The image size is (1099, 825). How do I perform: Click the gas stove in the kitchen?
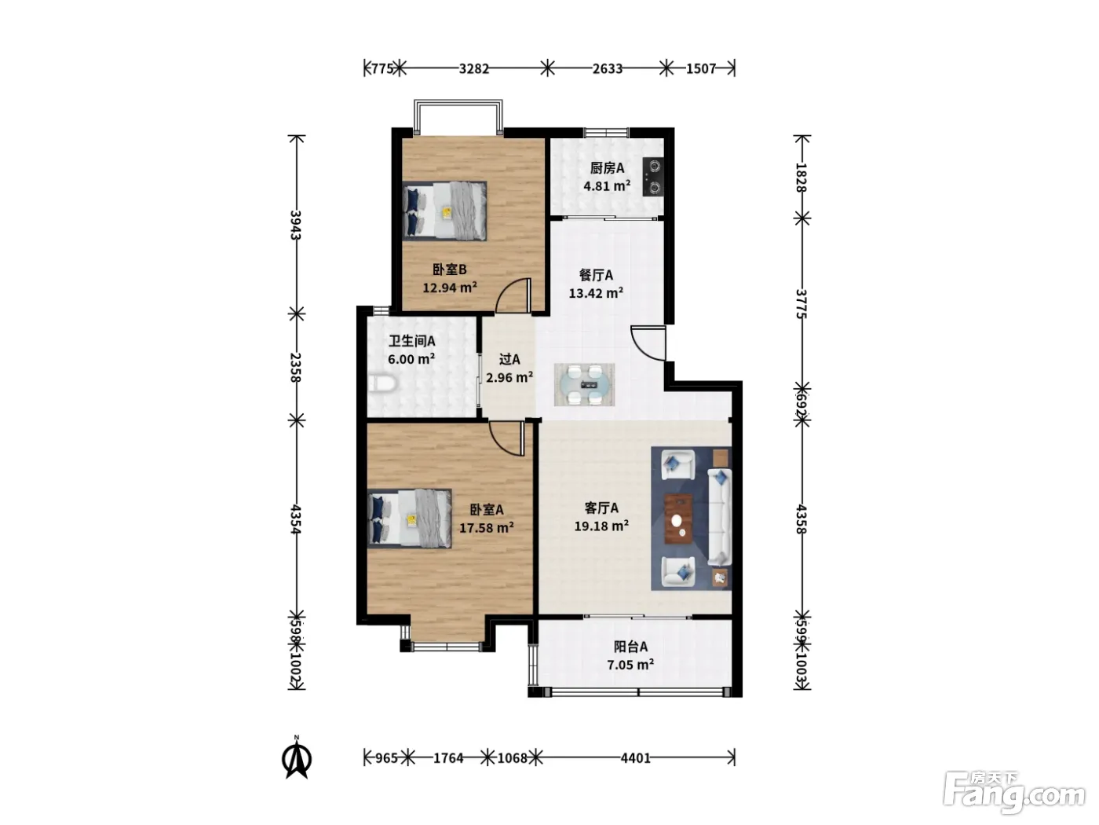653,176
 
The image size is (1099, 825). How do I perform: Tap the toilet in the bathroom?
382,384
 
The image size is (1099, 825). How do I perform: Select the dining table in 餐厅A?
584,385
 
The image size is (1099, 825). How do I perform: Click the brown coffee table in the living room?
678,519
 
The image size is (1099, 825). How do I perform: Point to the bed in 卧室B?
444,211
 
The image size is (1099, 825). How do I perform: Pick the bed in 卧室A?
410,519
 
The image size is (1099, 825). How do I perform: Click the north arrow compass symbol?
297,758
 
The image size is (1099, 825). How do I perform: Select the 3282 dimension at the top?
473,68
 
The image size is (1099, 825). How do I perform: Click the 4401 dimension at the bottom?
635,758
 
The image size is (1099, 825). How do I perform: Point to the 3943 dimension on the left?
296,225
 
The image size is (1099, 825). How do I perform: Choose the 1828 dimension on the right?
801,178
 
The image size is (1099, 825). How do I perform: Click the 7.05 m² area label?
630,665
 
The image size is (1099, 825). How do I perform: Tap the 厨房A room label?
607,168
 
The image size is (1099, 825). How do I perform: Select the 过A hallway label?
509,359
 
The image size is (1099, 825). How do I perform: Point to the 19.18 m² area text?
601,526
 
